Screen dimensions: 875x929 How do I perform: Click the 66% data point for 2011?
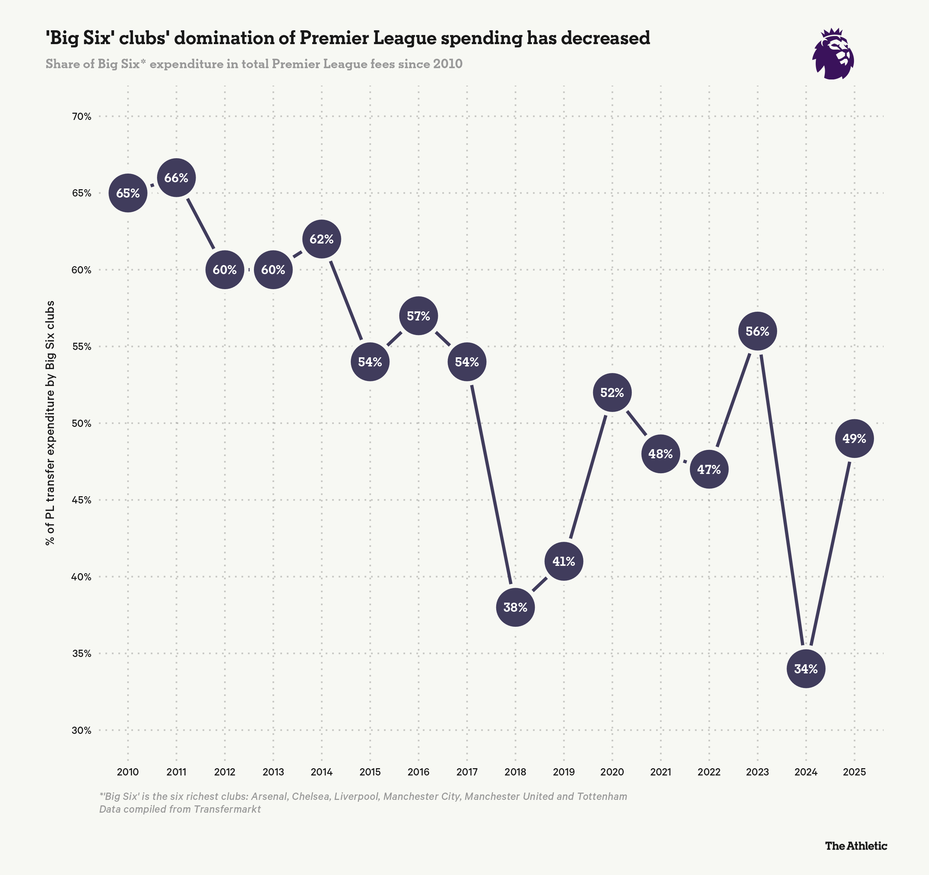click(176, 178)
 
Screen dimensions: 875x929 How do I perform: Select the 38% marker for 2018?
click(516, 607)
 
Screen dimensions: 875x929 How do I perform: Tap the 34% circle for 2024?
click(805, 669)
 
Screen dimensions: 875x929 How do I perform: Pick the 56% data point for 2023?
click(757, 331)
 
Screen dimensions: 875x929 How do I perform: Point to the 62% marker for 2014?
click(321, 239)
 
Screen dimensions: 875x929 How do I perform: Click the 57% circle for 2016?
click(418, 316)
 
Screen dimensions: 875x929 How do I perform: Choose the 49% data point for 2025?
click(854, 439)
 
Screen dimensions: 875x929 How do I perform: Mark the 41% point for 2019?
click(564, 561)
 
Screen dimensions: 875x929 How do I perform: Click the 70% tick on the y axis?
click(82, 116)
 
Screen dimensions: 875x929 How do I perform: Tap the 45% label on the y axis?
click(82, 500)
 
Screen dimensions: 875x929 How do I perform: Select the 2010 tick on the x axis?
click(128, 772)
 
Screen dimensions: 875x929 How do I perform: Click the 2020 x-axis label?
click(612, 772)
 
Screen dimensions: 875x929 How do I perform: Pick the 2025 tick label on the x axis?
click(854, 772)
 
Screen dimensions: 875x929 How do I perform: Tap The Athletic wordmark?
click(856, 845)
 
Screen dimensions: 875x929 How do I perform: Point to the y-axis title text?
click(50, 423)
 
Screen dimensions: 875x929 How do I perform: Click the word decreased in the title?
click(605, 38)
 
